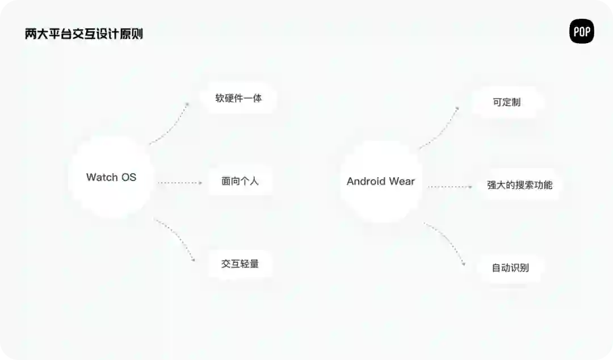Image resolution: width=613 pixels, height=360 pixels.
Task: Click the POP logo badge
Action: (x=581, y=32)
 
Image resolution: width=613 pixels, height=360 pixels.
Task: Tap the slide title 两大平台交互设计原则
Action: (x=83, y=34)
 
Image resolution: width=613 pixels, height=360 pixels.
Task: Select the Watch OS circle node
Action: (x=111, y=177)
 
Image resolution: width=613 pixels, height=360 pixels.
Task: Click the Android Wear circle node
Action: (x=381, y=181)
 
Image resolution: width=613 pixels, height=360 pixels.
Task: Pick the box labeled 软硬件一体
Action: (x=238, y=98)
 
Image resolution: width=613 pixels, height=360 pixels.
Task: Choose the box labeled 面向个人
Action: (x=240, y=182)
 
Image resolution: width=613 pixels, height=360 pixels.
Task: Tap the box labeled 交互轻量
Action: (x=240, y=263)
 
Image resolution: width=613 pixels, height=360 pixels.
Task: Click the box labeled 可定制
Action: (x=507, y=103)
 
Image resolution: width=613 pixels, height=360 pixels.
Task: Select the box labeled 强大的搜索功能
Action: (x=519, y=185)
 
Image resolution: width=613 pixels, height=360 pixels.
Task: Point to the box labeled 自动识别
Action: (x=510, y=267)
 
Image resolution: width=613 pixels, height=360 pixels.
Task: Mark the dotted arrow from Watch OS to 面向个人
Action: (x=179, y=183)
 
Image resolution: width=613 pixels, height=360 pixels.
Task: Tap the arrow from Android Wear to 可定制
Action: (x=440, y=128)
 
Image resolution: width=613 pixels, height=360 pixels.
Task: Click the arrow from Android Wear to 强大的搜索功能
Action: (x=450, y=186)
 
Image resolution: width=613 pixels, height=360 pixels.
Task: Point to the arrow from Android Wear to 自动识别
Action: (x=446, y=243)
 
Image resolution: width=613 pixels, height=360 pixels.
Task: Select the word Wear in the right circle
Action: (x=402, y=182)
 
